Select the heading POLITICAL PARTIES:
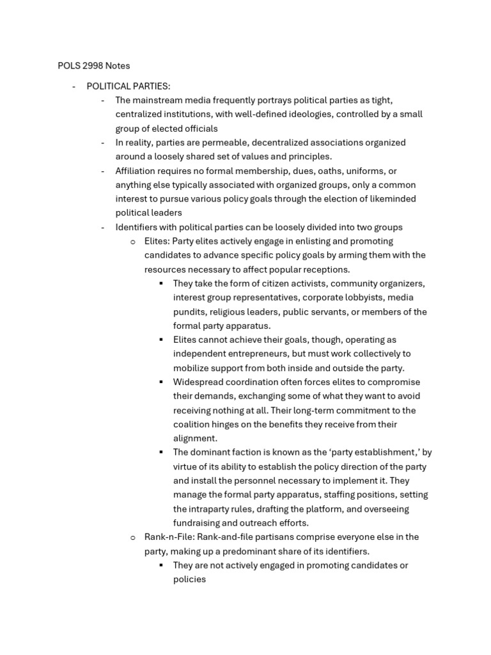(x=129, y=86)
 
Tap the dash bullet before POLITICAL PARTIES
(x=74, y=86)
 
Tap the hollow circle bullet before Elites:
(x=133, y=242)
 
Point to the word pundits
(x=189, y=312)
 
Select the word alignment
(x=195, y=438)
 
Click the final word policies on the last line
(x=189, y=579)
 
